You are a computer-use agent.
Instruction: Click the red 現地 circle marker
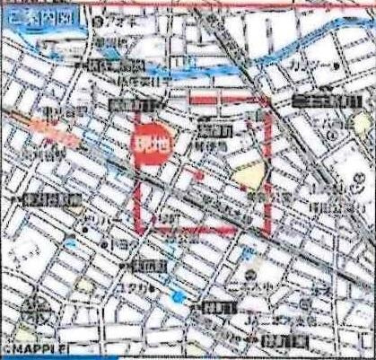coord(149,142)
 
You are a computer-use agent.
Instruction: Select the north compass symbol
coord(36,315)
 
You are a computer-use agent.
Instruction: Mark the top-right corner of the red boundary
coord(267,98)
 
